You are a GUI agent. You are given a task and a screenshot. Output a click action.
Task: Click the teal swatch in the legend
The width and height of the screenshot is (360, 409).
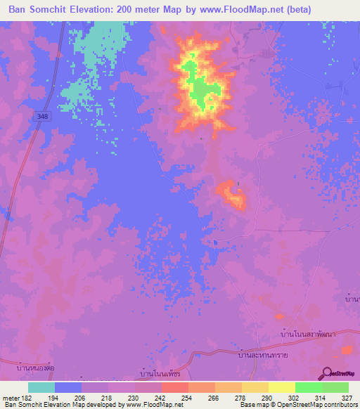coord(41,387)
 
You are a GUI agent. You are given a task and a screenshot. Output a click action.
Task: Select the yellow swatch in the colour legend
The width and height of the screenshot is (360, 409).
coord(281,387)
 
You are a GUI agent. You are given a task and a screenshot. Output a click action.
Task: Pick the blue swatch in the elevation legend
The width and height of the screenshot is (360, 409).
coord(68,387)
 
